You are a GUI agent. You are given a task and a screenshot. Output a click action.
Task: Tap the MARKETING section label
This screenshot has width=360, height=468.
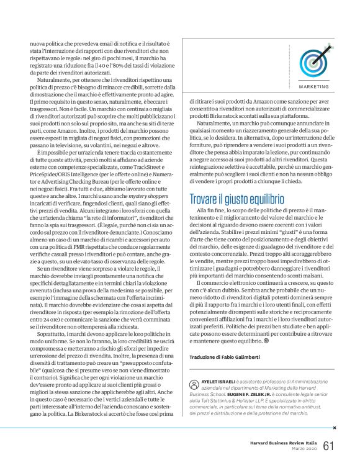(x=326, y=86)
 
